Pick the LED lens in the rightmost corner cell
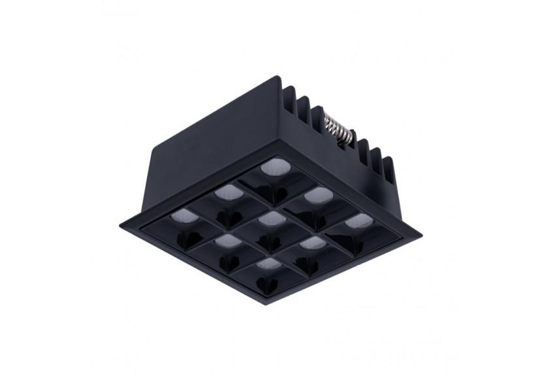pyautogui.click(x=355, y=222)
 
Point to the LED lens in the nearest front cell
pyautogui.click(x=267, y=264)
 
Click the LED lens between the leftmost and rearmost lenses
pyautogui.click(x=228, y=192)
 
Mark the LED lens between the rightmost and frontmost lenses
pyautogui.click(x=312, y=243)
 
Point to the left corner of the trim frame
pyautogui.click(x=121, y=226)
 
